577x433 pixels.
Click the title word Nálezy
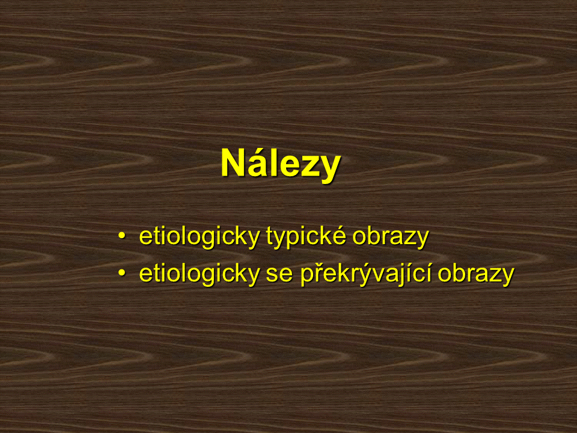281,164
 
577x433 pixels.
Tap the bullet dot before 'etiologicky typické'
122,236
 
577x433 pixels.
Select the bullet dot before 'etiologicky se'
122,273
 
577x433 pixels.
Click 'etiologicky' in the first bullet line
200,237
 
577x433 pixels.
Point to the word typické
306,237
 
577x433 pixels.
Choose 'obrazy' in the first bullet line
391,238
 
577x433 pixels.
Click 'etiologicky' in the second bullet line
200,274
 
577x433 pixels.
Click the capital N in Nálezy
233,163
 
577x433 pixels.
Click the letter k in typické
323,236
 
